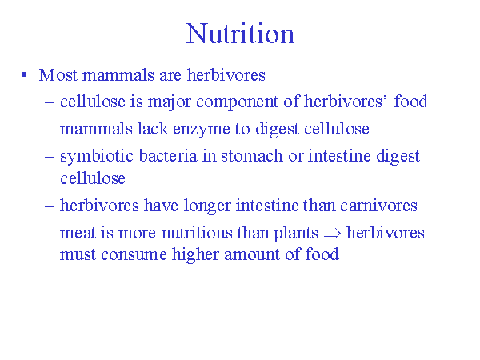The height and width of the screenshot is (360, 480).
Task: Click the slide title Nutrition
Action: (x=240, y=34)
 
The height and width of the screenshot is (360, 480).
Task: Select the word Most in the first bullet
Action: (x=58, y=74)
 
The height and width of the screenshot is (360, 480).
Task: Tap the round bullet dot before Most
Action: (x=24, y=75)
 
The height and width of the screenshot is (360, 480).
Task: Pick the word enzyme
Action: (x=202, y=130)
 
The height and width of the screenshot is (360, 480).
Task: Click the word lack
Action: (x=153, y=129)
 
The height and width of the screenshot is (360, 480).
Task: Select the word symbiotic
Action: (x=97, y=157)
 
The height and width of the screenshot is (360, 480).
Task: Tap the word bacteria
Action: (x=168, y=155)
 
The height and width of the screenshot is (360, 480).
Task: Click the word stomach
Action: (x=252, y=155)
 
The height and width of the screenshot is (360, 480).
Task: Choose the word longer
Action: (x=207, y=206)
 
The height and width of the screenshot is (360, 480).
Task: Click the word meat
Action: (x=78, y=233)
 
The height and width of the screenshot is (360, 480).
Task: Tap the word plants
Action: (x=296, y=234)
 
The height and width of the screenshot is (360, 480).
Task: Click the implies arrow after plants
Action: (x=332, y=234)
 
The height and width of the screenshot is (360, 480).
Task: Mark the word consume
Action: (x=134, y=254)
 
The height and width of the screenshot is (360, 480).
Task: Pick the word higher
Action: (x=196, y=255)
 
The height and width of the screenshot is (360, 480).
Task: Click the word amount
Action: (x=252, y=254)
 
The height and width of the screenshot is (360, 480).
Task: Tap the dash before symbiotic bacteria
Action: (x=50, y=157)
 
